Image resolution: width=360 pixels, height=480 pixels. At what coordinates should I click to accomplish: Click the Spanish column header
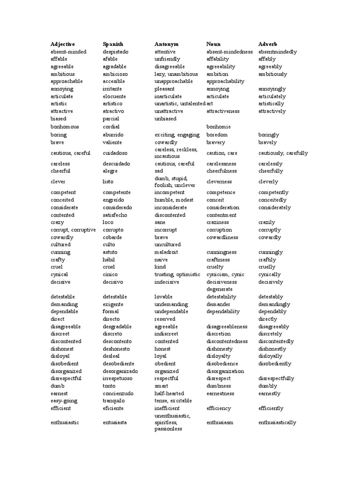[x=113, y=44]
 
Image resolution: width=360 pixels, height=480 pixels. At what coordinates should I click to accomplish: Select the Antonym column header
[x=166, y=44]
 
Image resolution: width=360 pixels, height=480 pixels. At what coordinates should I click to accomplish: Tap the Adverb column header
[x=268, y=44]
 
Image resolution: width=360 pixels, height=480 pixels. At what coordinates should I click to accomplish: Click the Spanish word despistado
[x=115, y=52]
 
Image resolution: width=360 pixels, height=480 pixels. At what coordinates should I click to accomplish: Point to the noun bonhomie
[x=218, y=127]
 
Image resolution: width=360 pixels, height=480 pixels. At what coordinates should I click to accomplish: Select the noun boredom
[x=217, y=135]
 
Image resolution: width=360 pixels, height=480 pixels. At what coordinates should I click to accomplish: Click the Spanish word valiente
[x=112, y=142]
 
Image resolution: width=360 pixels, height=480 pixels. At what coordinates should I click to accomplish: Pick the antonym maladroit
[x=166, y=252]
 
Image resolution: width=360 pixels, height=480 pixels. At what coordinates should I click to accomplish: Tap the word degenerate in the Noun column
[x=219, y=289]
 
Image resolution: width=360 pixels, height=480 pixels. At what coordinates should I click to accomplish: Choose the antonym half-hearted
[x=169, y=393]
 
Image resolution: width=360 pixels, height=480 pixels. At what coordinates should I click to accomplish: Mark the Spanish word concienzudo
[x=118, y=393]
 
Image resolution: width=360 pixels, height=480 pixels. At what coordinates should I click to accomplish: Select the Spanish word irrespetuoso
[x=118, y=378]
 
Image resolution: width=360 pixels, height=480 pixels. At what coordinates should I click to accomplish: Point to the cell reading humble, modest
[x=173, y=200]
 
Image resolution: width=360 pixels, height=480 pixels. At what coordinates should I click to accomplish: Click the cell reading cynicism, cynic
[x=224, y=274]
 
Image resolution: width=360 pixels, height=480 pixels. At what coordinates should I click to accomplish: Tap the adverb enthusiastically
[x=277, y=422]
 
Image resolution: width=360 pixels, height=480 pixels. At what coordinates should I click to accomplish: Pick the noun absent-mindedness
[x=230, y=52]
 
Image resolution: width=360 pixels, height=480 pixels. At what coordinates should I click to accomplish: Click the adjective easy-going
[x=64, y=401]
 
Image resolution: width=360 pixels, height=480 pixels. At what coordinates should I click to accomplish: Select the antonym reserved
[x=165, y=319]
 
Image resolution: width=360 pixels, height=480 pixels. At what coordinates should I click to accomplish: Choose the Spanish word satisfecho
[x=115, y=215]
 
